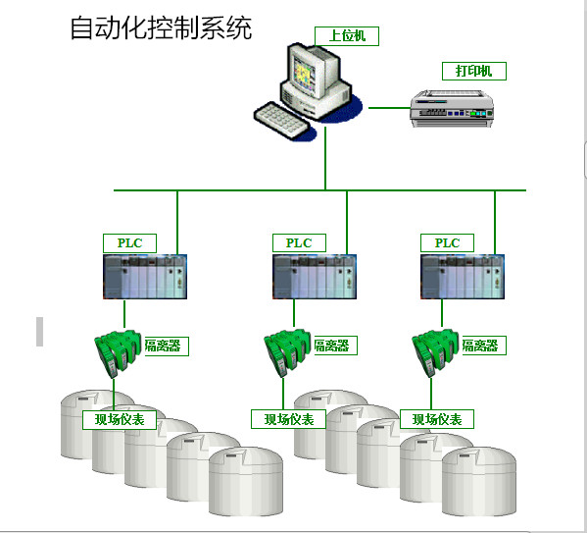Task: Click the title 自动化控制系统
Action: click(161, 27)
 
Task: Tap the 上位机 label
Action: click(346, 36)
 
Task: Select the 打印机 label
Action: click(474, 71)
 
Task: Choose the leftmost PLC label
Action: click(129, 242)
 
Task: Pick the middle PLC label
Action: click(298, 242)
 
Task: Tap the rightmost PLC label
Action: click(447, 242)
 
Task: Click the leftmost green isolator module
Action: click(116, 351)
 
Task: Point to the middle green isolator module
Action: click(285, 351)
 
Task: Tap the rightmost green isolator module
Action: click(434, 351)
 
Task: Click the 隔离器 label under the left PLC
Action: click(164, 346)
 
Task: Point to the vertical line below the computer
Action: click(325, 162)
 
